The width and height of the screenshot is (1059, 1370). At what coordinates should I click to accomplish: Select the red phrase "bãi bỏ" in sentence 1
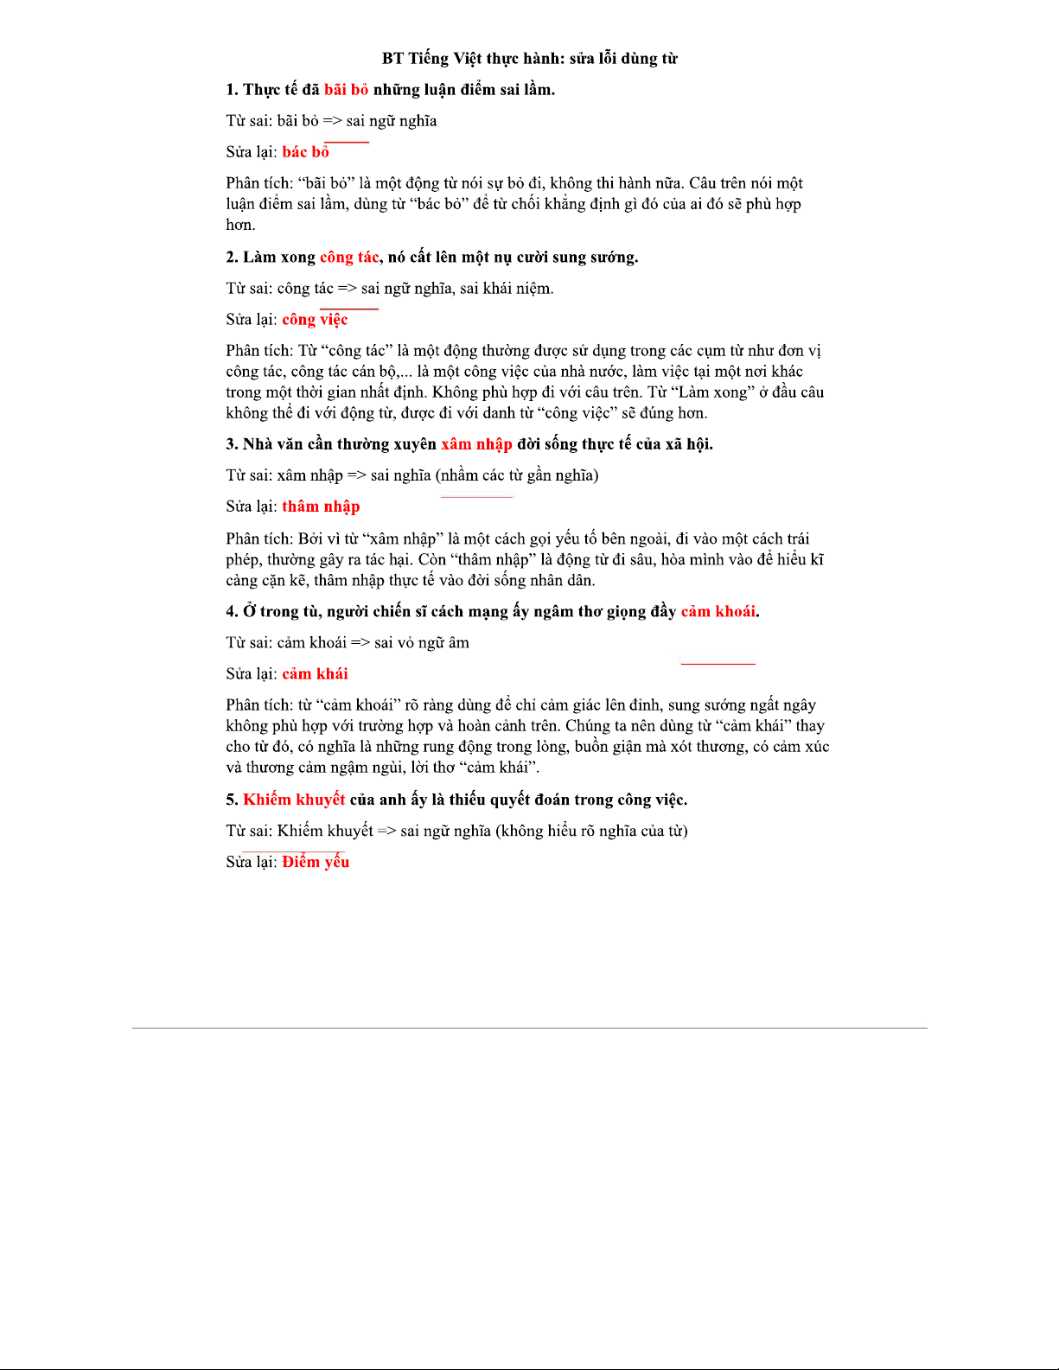click(x=346, y=90)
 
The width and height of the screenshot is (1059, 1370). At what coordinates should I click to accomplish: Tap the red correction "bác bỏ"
click(x=305, y=152)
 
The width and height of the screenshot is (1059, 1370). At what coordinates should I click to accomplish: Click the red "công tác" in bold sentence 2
click(x=349, y=258)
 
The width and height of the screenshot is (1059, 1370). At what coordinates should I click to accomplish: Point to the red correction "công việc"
click(x=315, y=320)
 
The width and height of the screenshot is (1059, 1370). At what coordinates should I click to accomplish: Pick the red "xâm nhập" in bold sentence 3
click(x=476, y=444)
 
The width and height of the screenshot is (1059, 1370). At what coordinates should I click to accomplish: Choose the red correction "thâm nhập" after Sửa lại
click(x=321, y=507)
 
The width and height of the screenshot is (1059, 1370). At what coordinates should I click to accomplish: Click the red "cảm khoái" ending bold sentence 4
click(x=718, y=612)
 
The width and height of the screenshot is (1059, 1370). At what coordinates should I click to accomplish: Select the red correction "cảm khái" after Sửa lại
click(x=315, y=674)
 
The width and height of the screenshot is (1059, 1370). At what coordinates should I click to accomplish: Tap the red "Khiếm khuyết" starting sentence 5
click(x=294, y=800)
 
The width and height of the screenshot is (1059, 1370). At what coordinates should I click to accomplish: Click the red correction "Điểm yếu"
click(x=316, y=862)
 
